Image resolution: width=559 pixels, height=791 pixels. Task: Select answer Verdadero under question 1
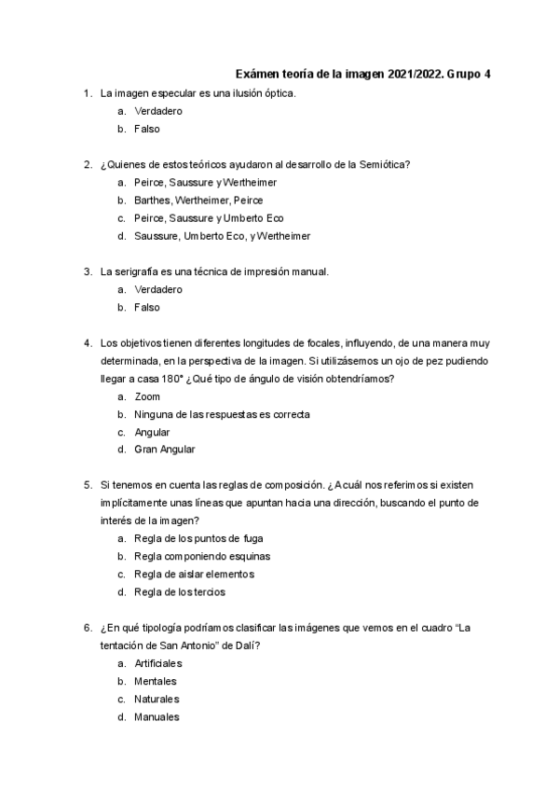pos(157,111)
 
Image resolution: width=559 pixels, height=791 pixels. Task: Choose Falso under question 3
pos(146,307)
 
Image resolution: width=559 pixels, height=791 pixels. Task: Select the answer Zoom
pos(147,396)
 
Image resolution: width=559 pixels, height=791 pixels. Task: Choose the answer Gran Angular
pos(164,449)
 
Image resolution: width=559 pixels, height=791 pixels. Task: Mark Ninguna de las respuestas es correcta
pos(222,413)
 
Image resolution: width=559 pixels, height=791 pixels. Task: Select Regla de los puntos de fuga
pos(198,538)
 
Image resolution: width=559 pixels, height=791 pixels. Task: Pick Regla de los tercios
pos(179,591)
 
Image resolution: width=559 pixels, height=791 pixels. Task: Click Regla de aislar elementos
pos(194,574)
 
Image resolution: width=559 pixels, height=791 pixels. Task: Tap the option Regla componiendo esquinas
pos(202,556)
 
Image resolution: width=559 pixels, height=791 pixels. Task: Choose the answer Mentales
pos(157,681)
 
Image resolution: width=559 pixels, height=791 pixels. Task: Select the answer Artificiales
pos(157,663)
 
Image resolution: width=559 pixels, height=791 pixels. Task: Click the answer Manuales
pos(157,716)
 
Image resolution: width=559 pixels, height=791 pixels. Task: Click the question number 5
pos(87,485)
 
